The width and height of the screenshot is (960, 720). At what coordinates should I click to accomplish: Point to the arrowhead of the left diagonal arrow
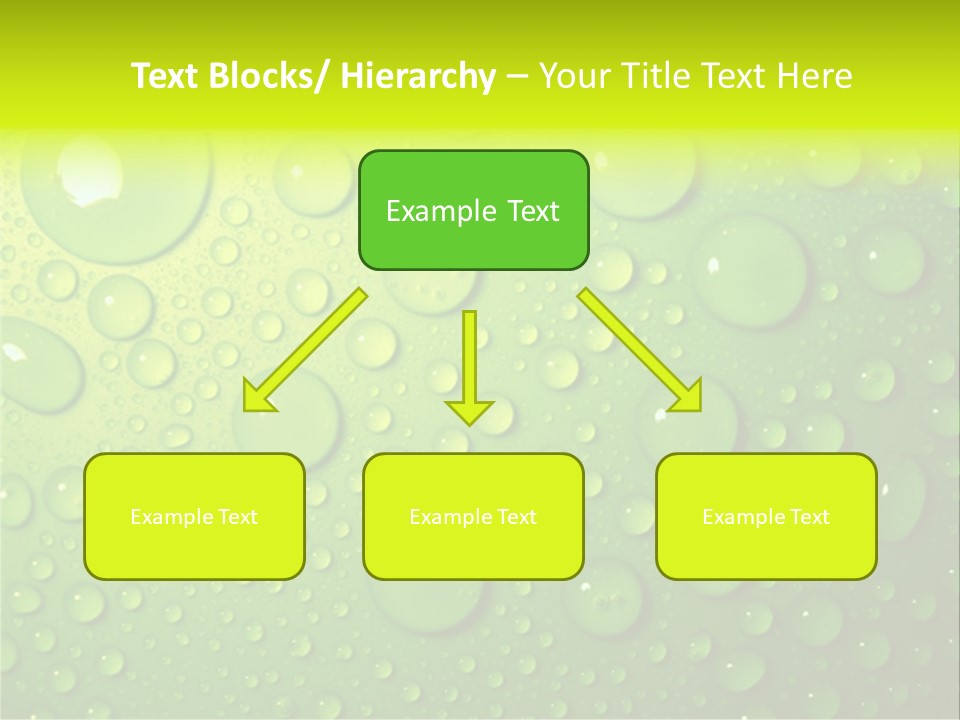[x=257, y=398]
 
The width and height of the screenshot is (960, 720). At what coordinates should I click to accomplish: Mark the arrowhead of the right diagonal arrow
[x=688, y=398]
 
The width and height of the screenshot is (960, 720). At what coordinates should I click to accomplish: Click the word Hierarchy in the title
[x=418, y=76]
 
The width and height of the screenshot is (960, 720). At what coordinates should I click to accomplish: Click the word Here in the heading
[x=815, y=76]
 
